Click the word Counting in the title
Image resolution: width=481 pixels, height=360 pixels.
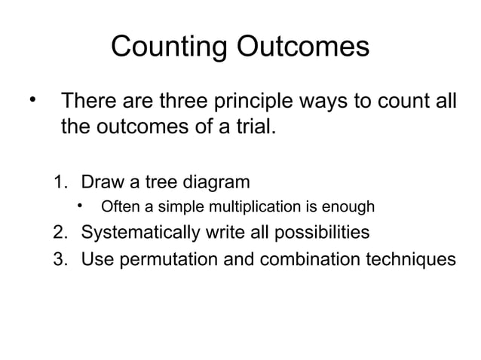tap(167, 47)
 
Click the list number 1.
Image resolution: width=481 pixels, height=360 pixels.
tap(60, 182)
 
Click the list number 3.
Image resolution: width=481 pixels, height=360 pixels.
tap(60, 259)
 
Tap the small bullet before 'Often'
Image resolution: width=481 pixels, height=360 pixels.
tap(78, 205)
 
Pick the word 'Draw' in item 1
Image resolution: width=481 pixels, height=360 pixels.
tap(101, 182)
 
